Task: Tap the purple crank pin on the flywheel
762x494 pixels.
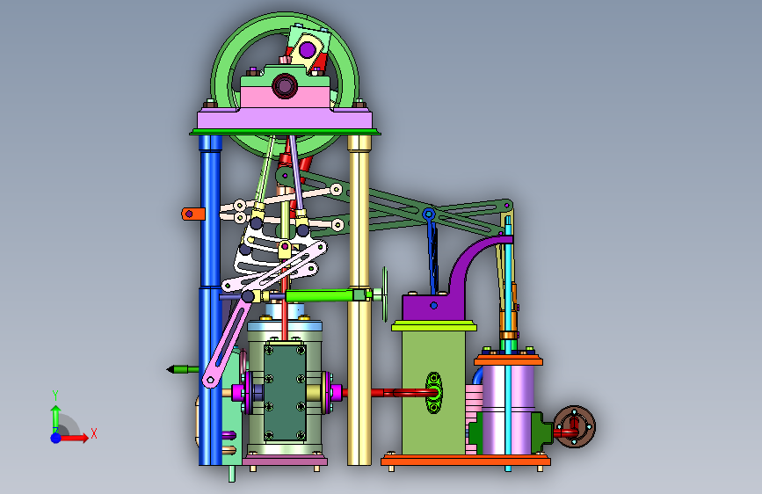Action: click(307, 49)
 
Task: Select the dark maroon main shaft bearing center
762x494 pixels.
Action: click(284, 86)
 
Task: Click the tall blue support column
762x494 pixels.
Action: click(210, 299)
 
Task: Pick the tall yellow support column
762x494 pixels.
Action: click(359, 299)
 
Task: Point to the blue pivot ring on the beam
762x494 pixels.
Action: click(428, 214)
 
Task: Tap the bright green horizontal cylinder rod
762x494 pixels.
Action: click(321, 295)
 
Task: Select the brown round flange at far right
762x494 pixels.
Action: click(575, 427)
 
